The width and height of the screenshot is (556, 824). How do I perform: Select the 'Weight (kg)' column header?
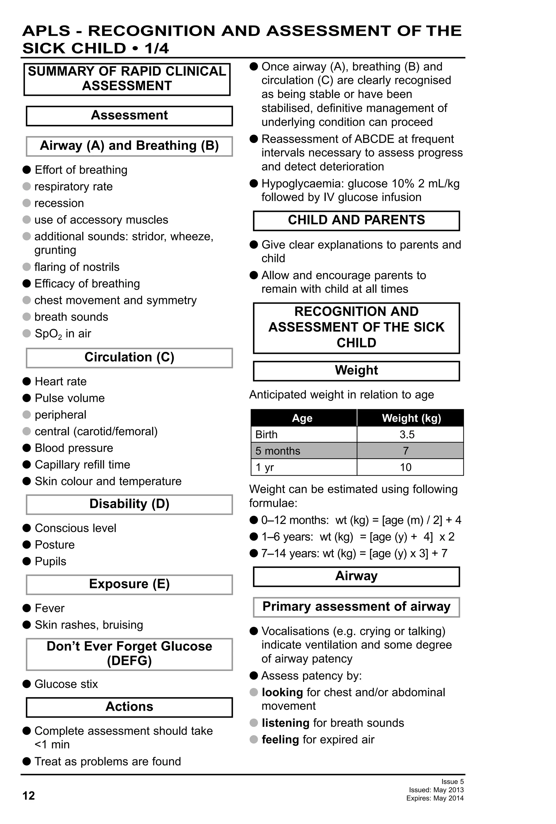(411, 418)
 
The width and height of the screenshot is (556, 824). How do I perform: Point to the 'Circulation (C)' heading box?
(129, 357)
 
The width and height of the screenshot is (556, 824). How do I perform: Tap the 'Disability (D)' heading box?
(129, 504)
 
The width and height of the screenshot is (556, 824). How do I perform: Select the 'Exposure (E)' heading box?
(129, 584)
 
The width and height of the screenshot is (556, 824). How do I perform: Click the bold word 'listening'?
(285, 723)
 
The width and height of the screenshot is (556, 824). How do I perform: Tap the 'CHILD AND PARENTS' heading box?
(356, 220)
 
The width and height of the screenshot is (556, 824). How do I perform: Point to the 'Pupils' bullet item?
(50, 561)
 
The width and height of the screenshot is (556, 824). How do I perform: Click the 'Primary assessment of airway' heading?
(356, 607)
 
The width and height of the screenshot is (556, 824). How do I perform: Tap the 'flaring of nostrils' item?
(77, 267)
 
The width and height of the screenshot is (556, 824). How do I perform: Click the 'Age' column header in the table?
(302, 418)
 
